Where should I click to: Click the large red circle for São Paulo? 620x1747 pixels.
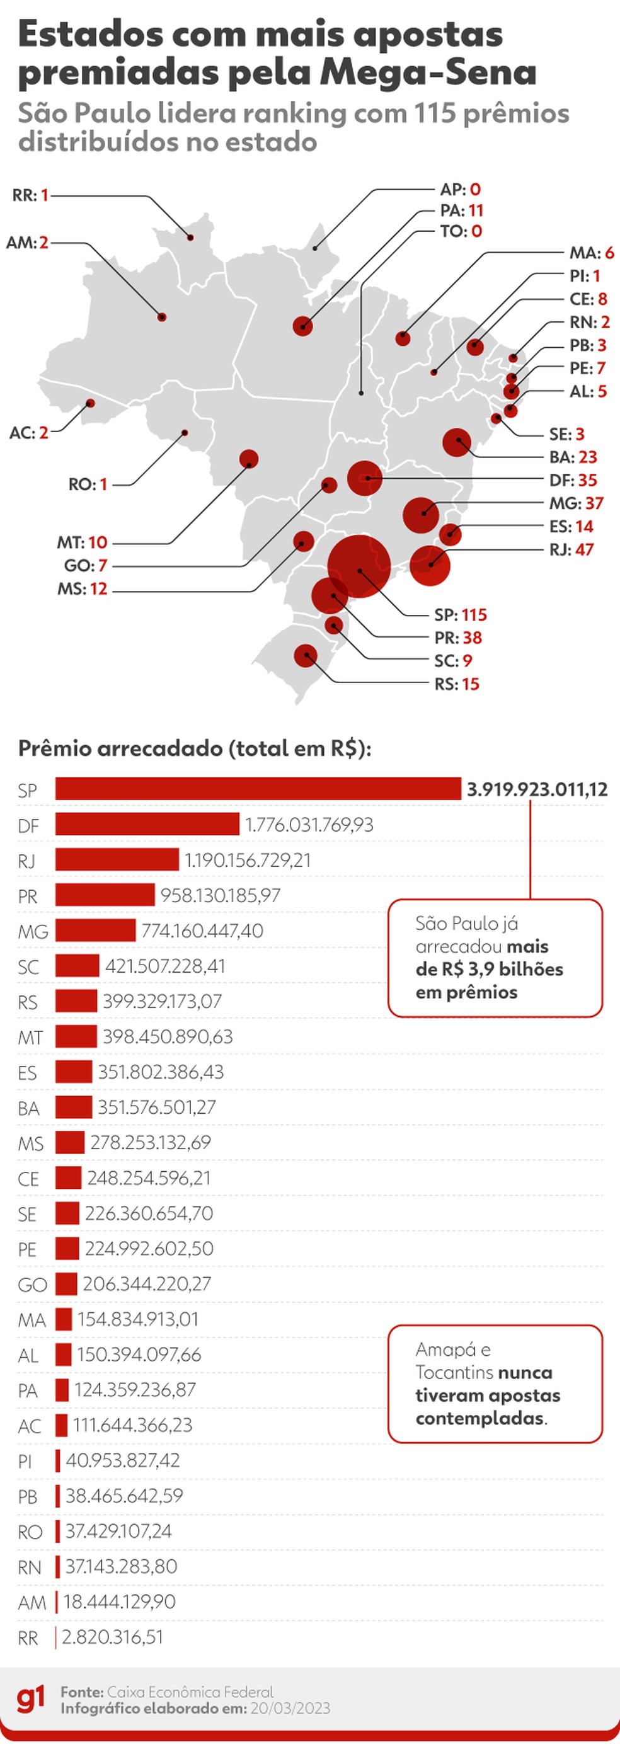(x=359, y=566)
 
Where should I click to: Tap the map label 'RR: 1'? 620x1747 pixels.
(x=30, y=195)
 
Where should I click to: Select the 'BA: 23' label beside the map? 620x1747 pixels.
(x=573, y=457)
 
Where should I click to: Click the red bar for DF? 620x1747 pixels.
(x=147, y=824)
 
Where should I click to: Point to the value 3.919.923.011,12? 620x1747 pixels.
(x=537, y=789)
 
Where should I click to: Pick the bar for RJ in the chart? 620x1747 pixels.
(x=117, y=859)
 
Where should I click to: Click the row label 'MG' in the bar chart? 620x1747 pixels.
(x=33, y=931)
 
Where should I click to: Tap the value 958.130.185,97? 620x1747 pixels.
(x=220, y=895)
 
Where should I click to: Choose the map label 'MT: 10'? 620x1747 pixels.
(x=81, y=542)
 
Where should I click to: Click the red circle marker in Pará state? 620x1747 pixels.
(x=302, y=326)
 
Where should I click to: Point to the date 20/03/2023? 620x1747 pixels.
(x=290, y=1709)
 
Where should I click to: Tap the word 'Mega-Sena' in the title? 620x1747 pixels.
(x=427, y=72)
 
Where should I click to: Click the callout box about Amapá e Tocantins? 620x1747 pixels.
(x=495, y=1383)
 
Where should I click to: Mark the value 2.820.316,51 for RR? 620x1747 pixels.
(x=113, y=1637)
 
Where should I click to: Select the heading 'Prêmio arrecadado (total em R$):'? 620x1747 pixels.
(x=195, y=748)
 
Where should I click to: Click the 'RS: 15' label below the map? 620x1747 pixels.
(x=457, y=684)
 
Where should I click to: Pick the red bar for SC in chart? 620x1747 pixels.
(x=77, y=966)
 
